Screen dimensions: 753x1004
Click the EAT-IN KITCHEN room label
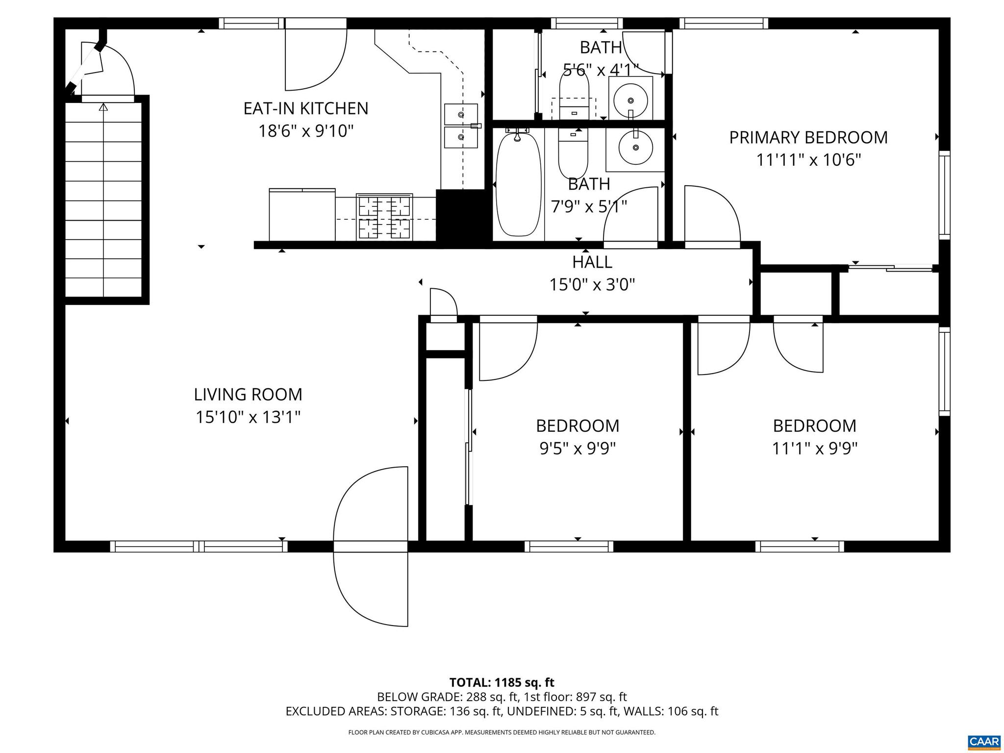click(x=305, y=108)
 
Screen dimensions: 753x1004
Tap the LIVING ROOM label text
click(x=248, y=395)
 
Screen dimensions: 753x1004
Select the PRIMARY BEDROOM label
click(x=808, y=138)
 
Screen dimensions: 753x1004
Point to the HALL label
click(x=592, y=262)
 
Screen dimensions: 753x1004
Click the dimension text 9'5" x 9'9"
click(x=577, y=449)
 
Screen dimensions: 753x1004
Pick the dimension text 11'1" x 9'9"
click(x=814, y=449)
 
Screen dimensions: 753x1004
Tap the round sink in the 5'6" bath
click(x=630, y=100)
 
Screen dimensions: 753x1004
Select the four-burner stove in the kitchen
click(x=384, y=217)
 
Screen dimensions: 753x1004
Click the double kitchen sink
click(x=460, y=125)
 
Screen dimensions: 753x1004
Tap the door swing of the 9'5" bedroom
click(x=507, y=351)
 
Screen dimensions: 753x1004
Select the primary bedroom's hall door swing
click(x=711, y=214)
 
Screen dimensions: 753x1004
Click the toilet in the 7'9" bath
click(x=573, y=153)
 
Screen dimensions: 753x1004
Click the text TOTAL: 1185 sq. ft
click(x=502, y=682)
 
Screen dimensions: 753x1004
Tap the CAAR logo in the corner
click(x=984, y=741)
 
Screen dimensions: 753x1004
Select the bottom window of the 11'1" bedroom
click(x=799, y=546)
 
